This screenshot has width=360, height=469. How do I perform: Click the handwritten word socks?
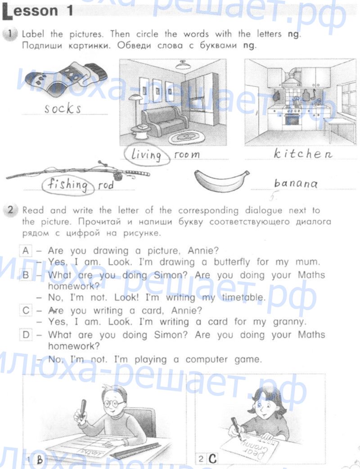[63, 108]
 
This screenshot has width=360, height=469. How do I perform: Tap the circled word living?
[147, 155]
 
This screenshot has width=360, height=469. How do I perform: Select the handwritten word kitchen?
[303, 153]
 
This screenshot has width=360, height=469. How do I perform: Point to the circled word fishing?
[68, 185]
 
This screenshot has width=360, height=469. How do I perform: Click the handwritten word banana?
[296, 183]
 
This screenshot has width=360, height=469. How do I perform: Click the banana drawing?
[221, 180]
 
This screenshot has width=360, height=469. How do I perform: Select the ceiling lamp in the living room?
[183, 65]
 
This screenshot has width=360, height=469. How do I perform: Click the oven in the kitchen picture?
[293, 118]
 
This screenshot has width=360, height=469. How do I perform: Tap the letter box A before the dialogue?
[26, 250]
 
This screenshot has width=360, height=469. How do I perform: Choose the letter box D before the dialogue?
[26, 334]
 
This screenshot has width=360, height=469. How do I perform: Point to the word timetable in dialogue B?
[244, 298]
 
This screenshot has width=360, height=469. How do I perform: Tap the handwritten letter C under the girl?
[212, 459]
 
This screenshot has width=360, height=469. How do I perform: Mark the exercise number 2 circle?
[10, 210]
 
